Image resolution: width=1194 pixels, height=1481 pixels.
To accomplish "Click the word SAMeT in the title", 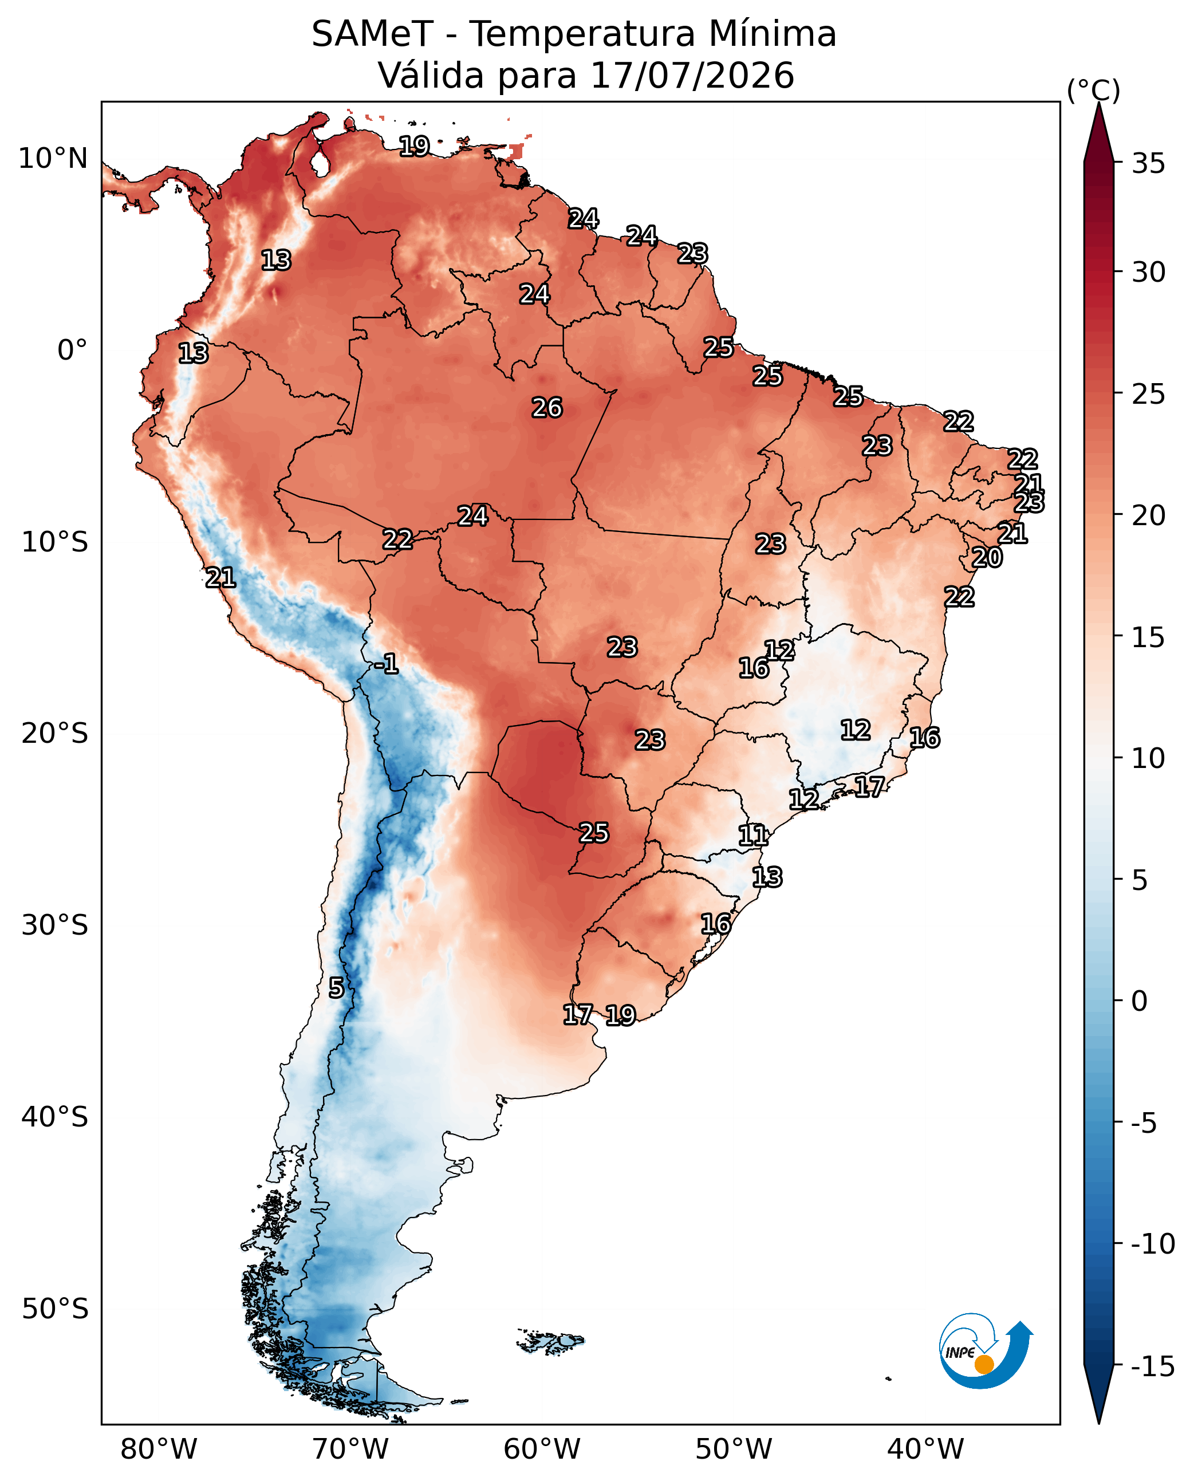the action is (372, 34).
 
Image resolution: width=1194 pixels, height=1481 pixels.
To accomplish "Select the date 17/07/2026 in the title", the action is (692, 75).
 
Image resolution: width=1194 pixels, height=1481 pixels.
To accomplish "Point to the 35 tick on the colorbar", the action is (1149, 164).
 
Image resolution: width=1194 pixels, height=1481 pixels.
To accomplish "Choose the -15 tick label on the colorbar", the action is (1153, 1367).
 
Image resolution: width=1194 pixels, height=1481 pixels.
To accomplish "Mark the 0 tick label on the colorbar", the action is (1140, 1002).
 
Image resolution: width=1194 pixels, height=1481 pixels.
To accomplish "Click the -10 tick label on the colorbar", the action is (1153, 1244).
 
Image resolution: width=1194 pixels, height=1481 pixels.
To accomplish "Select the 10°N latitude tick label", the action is (53, 159).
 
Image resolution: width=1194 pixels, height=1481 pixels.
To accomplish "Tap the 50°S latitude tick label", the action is (54, 1309).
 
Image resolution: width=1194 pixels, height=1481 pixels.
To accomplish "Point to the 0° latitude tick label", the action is (72, 350).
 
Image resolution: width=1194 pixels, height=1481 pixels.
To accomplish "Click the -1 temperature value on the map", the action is (387, 664).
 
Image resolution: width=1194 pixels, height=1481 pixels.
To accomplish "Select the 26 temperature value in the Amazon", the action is (547, 408).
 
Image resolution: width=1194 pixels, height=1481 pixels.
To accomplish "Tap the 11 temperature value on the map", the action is (753, 835).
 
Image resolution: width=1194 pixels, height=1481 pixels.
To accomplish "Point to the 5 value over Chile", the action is (336, 988).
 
